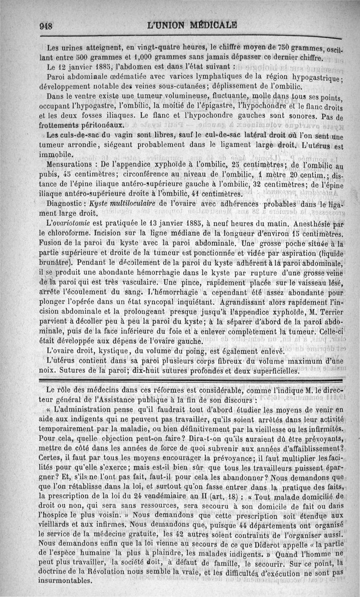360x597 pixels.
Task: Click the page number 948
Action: pos(47,25)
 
